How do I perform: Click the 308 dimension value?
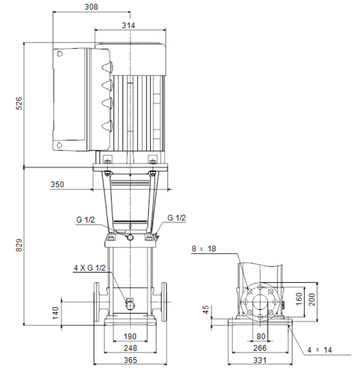91,7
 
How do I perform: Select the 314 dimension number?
128,25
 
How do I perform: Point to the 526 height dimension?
19,104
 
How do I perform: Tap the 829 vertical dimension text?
19,245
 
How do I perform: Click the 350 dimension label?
57,184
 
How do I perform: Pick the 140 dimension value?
55,313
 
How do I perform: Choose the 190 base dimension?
130,336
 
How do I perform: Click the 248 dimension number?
130,348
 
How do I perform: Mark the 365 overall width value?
130,360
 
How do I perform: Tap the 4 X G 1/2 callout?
90,268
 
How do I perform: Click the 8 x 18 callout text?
204,249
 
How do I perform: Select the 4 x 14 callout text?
319,350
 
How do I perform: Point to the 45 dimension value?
206,309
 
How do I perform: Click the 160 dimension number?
299,299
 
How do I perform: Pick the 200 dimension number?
312,299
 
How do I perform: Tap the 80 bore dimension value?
261,337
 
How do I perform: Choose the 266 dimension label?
260,348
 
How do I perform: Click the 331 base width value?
260,360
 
